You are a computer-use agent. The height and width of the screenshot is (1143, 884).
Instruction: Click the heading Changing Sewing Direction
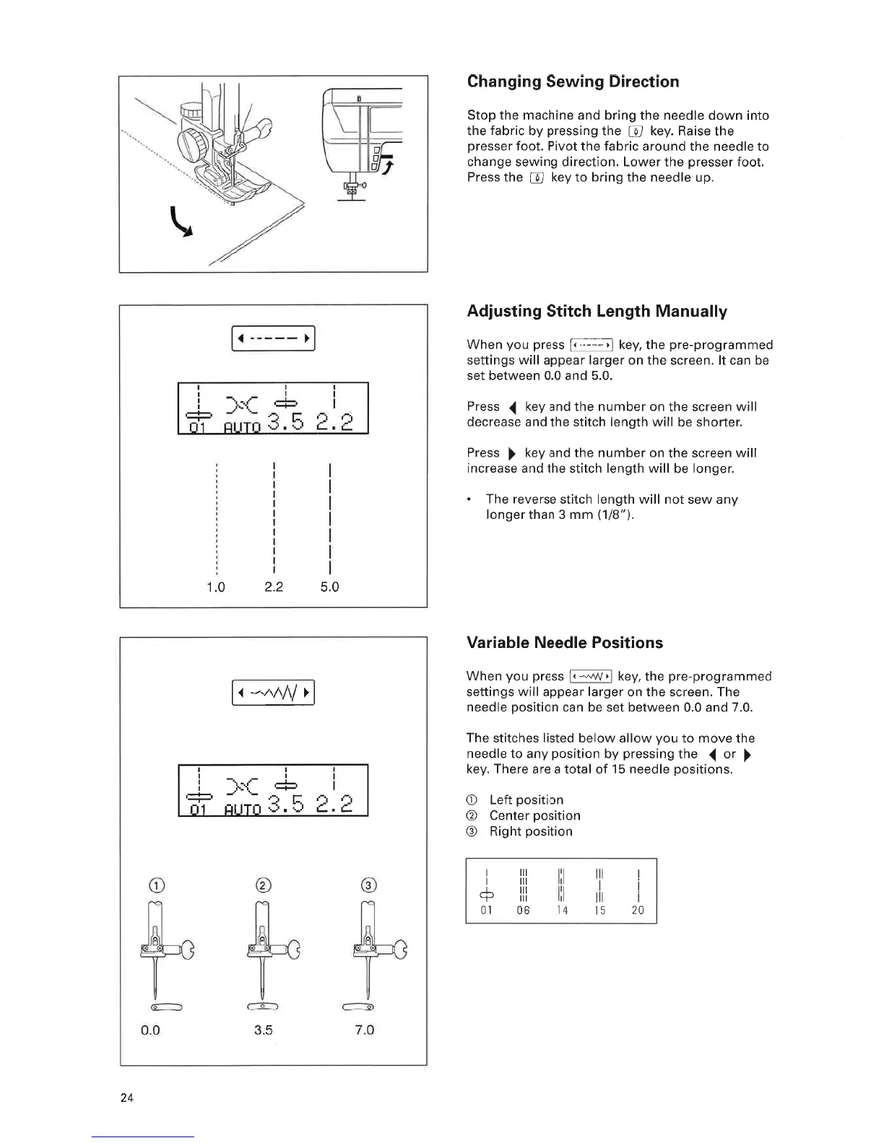click(x=573, y=82)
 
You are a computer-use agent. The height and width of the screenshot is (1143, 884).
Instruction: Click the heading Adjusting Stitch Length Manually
click(x=597, y=312)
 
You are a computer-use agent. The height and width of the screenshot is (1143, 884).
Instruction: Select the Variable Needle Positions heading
click(x=565, y=643)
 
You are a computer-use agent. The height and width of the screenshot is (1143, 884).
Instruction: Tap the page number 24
click(x=127, y=1098)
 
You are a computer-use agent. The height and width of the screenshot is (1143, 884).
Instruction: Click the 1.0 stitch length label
click(x=216, y=587)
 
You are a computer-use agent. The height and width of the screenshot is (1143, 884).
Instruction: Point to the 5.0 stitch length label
click(x=329, y=587)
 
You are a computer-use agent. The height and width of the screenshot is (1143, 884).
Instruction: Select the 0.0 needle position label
click(x=150, y=1030)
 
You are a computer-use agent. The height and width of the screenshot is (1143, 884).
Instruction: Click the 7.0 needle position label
click(x=365, y=1030)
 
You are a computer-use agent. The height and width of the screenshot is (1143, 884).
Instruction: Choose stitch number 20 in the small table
click(x=638, y=911)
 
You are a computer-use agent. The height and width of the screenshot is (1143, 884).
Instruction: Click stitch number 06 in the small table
click(x=523, y=911)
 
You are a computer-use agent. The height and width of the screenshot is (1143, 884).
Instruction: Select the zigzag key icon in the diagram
click(x=273, y=693)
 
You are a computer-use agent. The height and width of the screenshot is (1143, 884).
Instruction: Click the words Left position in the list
click(x=526, y=800)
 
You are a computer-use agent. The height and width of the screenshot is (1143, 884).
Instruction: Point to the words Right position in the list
click(x=531, y=832)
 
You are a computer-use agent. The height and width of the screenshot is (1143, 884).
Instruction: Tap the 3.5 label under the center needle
click(x=264, y=1030)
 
